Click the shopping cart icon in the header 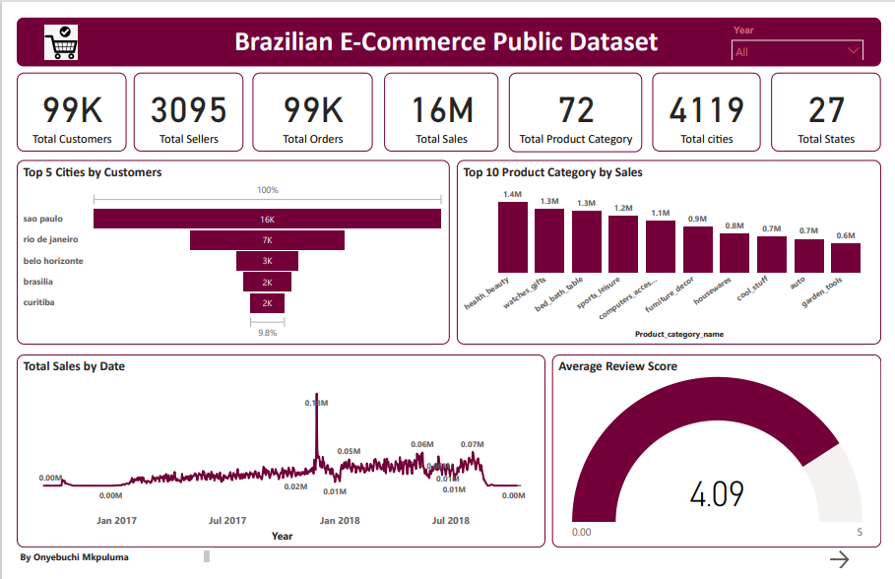(x=61, y=41)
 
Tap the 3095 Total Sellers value (x=189, y=109)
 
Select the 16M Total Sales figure (x=442, y=109)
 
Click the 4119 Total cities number (x=706, y=109)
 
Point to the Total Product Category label (x=576, y=139)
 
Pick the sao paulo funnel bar (x=267, y=219)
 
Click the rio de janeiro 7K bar (x=267, y=240)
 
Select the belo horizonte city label (x=53, y=261)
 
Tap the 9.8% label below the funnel (x=267, y=333)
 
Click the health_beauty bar (x=512, y=237)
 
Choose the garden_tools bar (x=845, y=258)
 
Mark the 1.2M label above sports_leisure (x=622, y=209)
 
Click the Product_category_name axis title (x=679, y=334)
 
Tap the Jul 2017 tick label (x=227, y=521)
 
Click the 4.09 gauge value (x=717, y=493)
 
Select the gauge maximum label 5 (x=860, y=533)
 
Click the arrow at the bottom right (x=839, y=559)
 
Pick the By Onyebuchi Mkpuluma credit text (x=74, y=557)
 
